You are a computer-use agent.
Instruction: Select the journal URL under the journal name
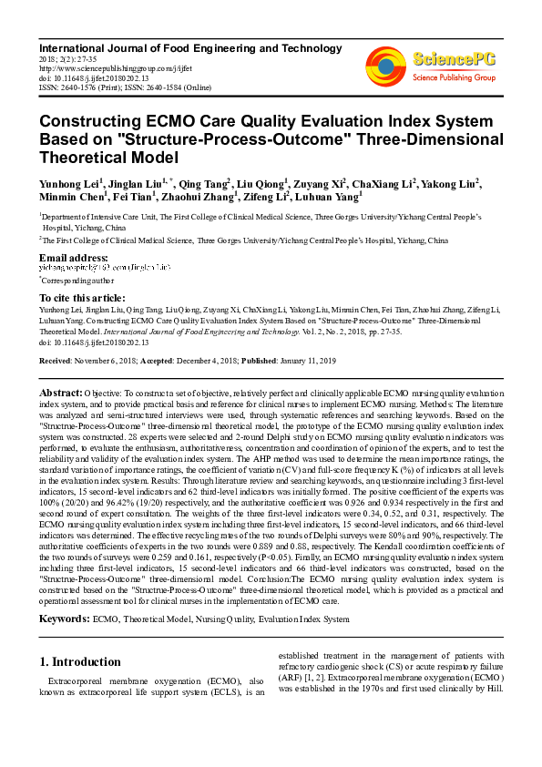tap(103, 67)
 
